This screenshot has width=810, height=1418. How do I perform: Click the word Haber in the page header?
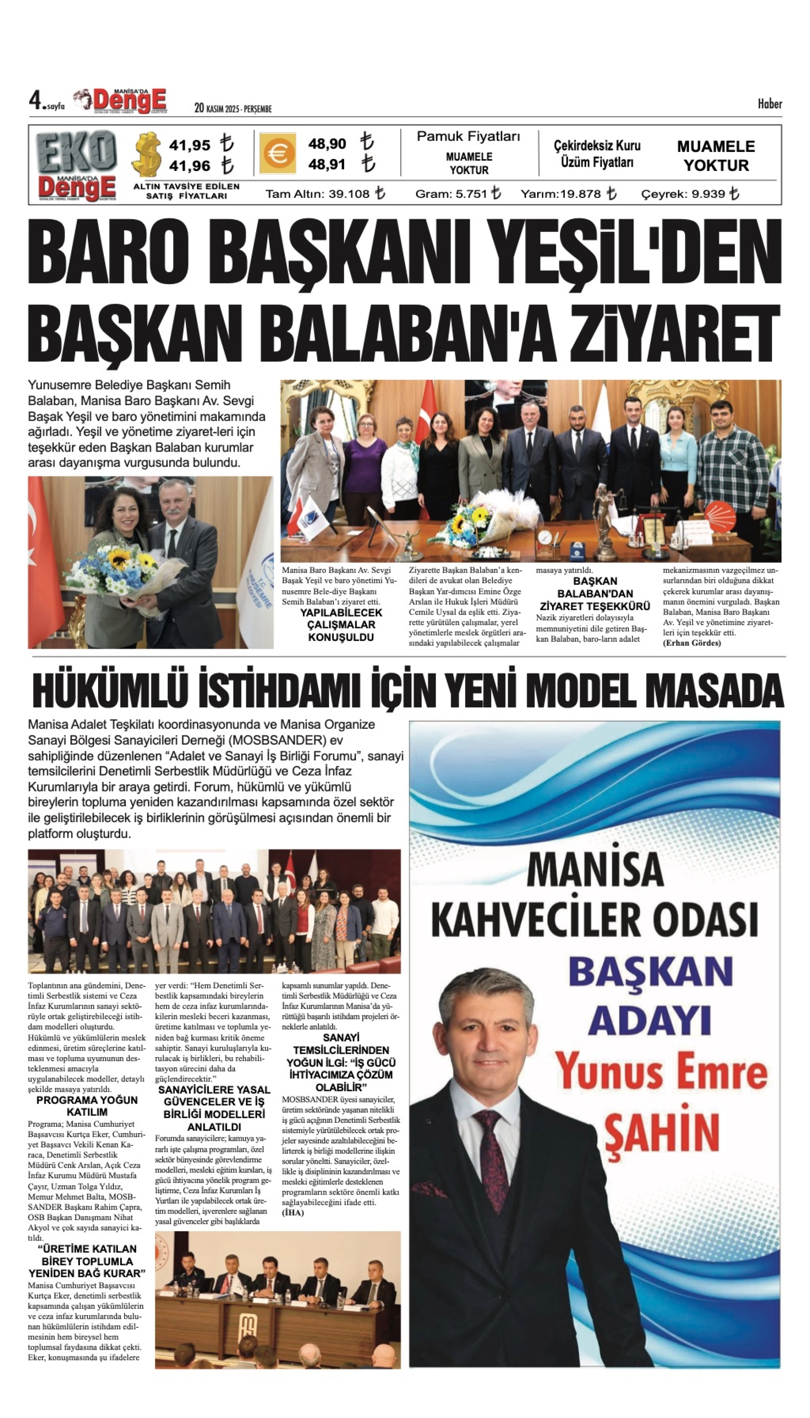tap(769, 104)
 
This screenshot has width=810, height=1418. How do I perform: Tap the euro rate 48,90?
tap(327, 144)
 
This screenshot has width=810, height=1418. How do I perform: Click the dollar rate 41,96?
tap(190, 166)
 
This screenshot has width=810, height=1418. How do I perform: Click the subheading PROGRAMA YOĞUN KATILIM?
tap(87, 1106)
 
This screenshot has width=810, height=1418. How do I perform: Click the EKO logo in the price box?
tap(77, 152)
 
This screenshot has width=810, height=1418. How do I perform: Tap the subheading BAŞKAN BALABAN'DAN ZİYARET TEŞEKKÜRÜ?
tap(595, 593)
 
